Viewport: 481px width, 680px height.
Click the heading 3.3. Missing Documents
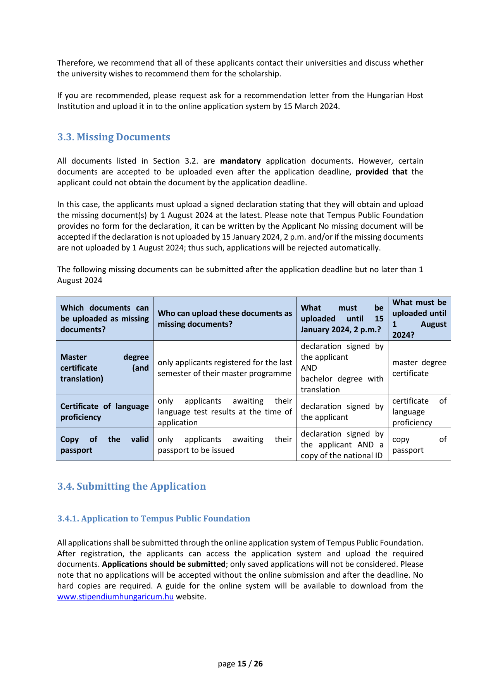(x=114, y=137)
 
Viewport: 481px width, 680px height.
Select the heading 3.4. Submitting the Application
(x=131, y=487)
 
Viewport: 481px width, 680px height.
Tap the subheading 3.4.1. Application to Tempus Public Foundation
(x=153, y=519)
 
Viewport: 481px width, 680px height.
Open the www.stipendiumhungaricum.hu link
(x=115, y=597)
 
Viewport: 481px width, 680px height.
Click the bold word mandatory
(x=240, y=161)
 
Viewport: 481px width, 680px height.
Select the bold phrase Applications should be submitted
(x=164, y=564)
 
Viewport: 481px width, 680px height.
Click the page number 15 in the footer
(x=242, y=664)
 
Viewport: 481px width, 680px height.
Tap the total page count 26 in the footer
(x=258, y=664)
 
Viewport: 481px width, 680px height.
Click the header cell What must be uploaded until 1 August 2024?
(x=419, y=319)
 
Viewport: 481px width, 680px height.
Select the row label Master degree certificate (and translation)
(x=104, y=368)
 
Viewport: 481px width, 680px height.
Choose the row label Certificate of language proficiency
(x=104, y=412)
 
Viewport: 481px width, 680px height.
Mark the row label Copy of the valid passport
(x=104, y=445)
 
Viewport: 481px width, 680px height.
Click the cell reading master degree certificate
(x=419, y=368)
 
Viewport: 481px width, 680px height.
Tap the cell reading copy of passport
(x=419, y=445)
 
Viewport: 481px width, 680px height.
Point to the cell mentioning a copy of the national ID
(x=342, y=445)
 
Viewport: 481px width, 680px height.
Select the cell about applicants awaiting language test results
(x=225, y=412)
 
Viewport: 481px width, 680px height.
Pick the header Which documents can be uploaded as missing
(x=104, y=319)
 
